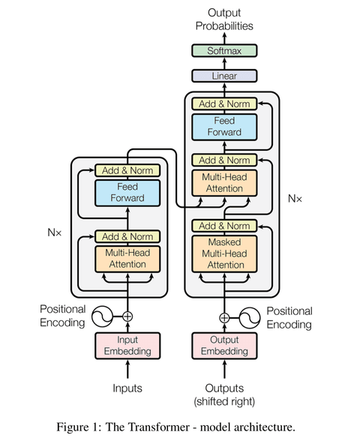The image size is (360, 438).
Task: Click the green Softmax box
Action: (x=224, y=51)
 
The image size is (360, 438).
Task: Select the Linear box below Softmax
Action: (x=224, y=76)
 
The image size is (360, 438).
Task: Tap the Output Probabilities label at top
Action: (x=224, y=19)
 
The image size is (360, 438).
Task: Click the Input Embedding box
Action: (x=127, y=346)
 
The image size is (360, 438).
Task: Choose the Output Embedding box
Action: (x=224, y=346)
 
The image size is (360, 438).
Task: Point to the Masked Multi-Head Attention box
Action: (x=224, y=253)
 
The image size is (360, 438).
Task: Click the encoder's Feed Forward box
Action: (x=127, y=193)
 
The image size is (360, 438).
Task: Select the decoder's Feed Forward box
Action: (x=224, y=126)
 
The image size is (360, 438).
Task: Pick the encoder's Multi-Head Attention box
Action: (x=127, y=259)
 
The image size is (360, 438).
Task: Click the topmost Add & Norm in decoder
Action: (x=224, y=103)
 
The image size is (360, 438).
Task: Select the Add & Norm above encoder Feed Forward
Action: (x=127, y=170)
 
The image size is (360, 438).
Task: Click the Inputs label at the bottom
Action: (x=127, y=388)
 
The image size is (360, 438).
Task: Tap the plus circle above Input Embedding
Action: (x=127, y=316)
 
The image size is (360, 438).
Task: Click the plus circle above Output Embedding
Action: (x=224, y=316)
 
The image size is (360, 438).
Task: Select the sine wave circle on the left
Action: (x=103, y=316)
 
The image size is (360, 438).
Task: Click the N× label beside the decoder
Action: (x=295, y=198)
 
